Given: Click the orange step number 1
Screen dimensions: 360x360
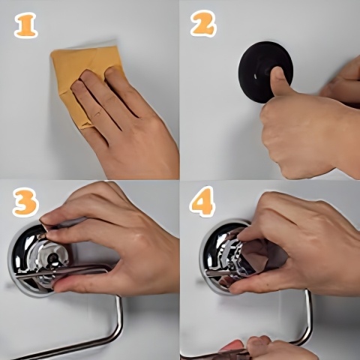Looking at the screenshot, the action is (26, 26).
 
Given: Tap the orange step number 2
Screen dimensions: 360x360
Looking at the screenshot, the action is (203, 23).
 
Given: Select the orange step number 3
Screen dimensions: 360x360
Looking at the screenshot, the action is (26, 202).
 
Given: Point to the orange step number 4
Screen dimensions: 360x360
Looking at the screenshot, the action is (202, 202).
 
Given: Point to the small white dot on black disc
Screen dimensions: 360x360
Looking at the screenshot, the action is (254, 75).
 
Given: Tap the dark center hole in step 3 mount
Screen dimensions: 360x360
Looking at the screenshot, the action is (53, 256).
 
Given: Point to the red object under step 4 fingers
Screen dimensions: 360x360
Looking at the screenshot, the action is (231, 347).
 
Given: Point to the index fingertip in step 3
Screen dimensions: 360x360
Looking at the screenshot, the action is (47, 220).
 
